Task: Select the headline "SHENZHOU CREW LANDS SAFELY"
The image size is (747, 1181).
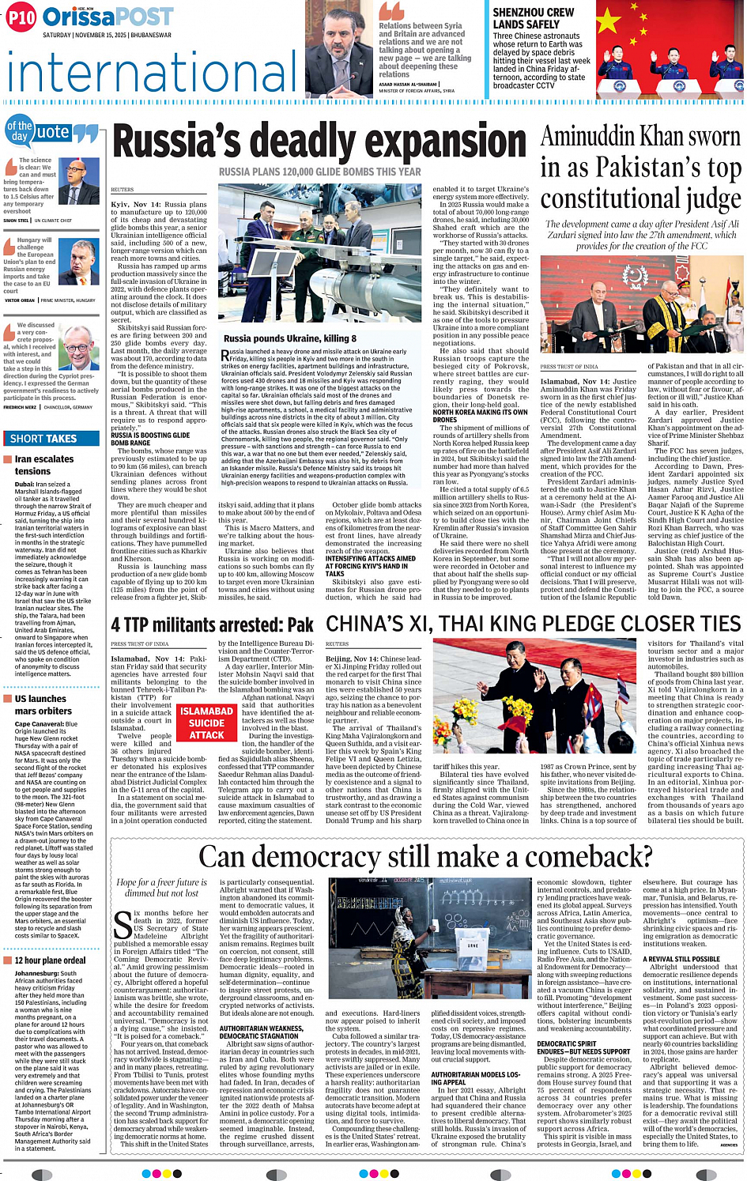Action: [x=534, y=18]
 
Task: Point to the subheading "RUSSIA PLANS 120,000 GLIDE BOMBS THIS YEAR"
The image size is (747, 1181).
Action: [x=319, y=172]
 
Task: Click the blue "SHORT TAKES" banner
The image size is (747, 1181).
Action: [x=51, y=438]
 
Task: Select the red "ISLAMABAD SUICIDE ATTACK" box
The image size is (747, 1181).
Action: [x=206, y=723]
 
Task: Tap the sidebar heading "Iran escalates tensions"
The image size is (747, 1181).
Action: [x=44, y=465]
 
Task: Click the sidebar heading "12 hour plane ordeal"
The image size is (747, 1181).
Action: [x=50, y=960]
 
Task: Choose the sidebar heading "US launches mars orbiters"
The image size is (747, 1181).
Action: [x=43, y=704]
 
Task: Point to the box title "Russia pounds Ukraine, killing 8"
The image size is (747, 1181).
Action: [x=289, y=338]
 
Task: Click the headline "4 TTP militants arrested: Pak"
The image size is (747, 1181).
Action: [x=212, y=625]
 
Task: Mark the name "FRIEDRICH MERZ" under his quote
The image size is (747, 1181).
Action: [x=21, y=407]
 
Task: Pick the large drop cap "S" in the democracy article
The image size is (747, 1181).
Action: [x=123, y=926]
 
